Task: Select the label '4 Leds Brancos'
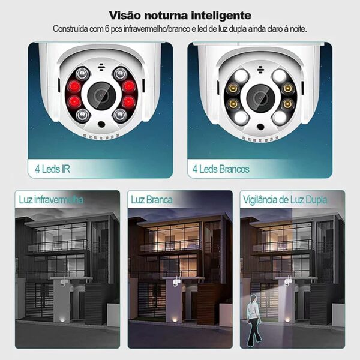click(x=220, y=169)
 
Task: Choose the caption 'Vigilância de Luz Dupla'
click(x=285, y=199)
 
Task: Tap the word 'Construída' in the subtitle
click(x=71, y=28)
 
